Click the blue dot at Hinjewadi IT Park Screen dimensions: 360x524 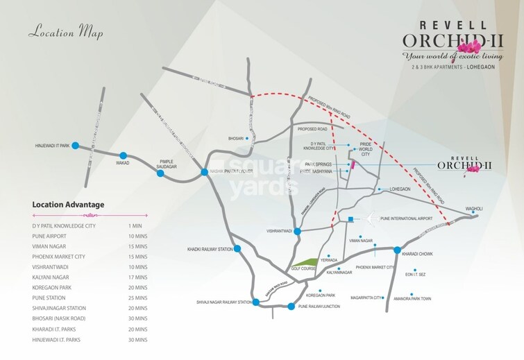pyautogui.click(x=75, y=145)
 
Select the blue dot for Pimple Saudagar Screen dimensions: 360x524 pyautogui.click(x=160, y=173)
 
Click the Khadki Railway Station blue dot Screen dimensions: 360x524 pyautogui.click(x=237, y=248)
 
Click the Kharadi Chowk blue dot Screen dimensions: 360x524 pyautogui.click(x=397, y=250)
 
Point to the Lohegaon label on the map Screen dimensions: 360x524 pyautogui.click(x=400, y=189)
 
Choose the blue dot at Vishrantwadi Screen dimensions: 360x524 pyautogui.click(x=297, y=231)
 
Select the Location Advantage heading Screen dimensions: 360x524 pyautogui.click(x=68, y=205)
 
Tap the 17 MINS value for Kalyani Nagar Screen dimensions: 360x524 pyautogui.click(x=139, y=277)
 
